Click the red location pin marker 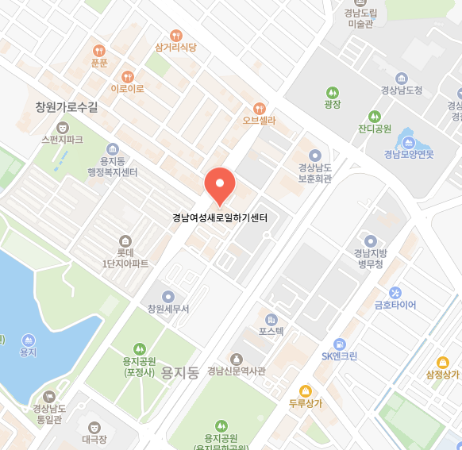point(220,186)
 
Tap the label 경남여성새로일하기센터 point(220,217)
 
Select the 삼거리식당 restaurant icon point(175,35)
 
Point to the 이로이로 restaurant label point(127,89)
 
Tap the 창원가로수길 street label point(67,106)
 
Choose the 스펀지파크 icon point(62,126)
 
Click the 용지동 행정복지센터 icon point(113,149)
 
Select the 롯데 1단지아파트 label point(125,258)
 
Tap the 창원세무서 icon point(168,296)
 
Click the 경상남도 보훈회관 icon point(314,156)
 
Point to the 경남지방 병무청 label point(369,259)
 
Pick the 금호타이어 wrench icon point(395,292)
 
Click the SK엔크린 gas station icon point(340,344)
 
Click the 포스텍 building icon point(271,318)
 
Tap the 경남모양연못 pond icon point(408,142)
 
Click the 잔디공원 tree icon point(375,116)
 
